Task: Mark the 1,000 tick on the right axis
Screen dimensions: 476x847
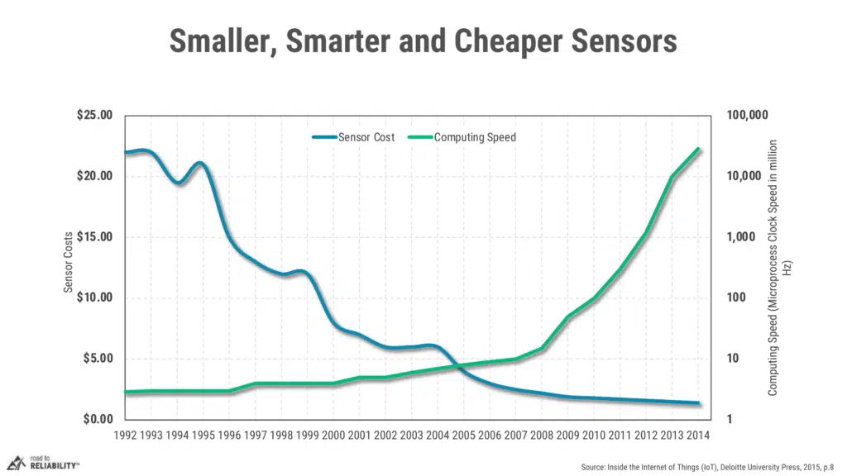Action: pos(742,237)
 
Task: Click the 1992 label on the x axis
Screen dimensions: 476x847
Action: pos(125,435)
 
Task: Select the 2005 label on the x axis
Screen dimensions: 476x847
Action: pos(463,435)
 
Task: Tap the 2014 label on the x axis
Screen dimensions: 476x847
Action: pos(698,435)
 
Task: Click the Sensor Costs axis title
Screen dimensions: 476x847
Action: pos(69,261)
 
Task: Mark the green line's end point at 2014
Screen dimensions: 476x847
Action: pos(698,150)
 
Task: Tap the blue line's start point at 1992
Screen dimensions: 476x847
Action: pos(125,153)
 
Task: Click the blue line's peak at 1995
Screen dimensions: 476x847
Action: pos(200,164)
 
